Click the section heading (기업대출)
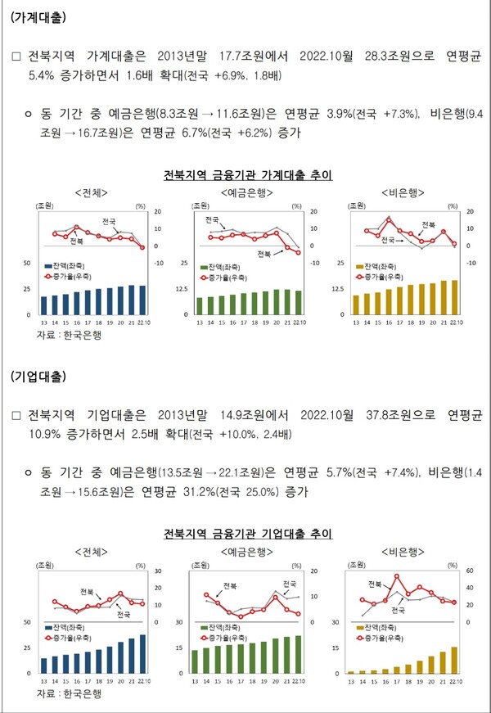click(x=39, y=377)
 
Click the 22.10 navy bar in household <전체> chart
click(x=142, y=300)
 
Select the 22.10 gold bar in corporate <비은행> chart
click(x=454, y=660)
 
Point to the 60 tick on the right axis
click(x=470, y=571)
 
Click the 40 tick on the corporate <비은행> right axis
click(x=470, y=588)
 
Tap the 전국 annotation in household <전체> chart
click(x=109, y=222)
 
